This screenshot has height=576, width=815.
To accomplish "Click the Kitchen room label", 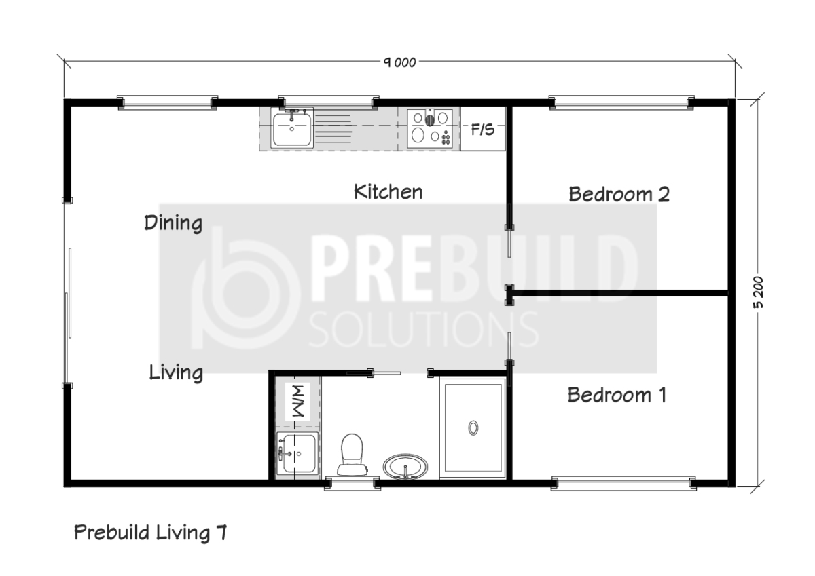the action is pos(388,192).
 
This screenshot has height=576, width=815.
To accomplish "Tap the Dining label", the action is pos(173,223).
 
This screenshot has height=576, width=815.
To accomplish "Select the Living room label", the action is pos(176,372).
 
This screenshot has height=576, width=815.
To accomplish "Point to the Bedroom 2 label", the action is pos(619,194).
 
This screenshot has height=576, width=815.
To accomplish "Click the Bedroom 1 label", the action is pos(617,395).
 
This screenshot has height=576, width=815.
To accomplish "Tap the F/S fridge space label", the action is pos(483,130).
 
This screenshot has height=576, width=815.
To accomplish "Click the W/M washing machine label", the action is pos(297,401).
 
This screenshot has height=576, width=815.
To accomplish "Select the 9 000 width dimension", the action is pos(399,62).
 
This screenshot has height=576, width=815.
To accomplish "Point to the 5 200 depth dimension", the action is pos(757,292).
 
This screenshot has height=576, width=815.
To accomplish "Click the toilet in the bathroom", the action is pos(352,455).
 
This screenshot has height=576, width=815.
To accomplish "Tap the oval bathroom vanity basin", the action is pos(405,466).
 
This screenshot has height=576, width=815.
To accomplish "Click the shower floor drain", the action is pos(473,427).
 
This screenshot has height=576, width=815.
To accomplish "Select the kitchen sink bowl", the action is pos(292,129).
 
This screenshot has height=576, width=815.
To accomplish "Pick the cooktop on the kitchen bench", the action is pos(430,128).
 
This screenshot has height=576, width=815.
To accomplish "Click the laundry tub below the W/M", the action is pos(297,453).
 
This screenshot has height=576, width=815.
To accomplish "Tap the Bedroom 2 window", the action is pos(621,102).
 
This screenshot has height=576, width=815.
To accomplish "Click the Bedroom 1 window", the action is pos(623,483).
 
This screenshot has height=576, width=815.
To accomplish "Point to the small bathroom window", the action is pos(352,483).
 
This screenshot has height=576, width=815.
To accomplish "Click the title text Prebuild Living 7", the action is pos(151,533).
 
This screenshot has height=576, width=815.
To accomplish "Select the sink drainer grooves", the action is pos(333,129).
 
